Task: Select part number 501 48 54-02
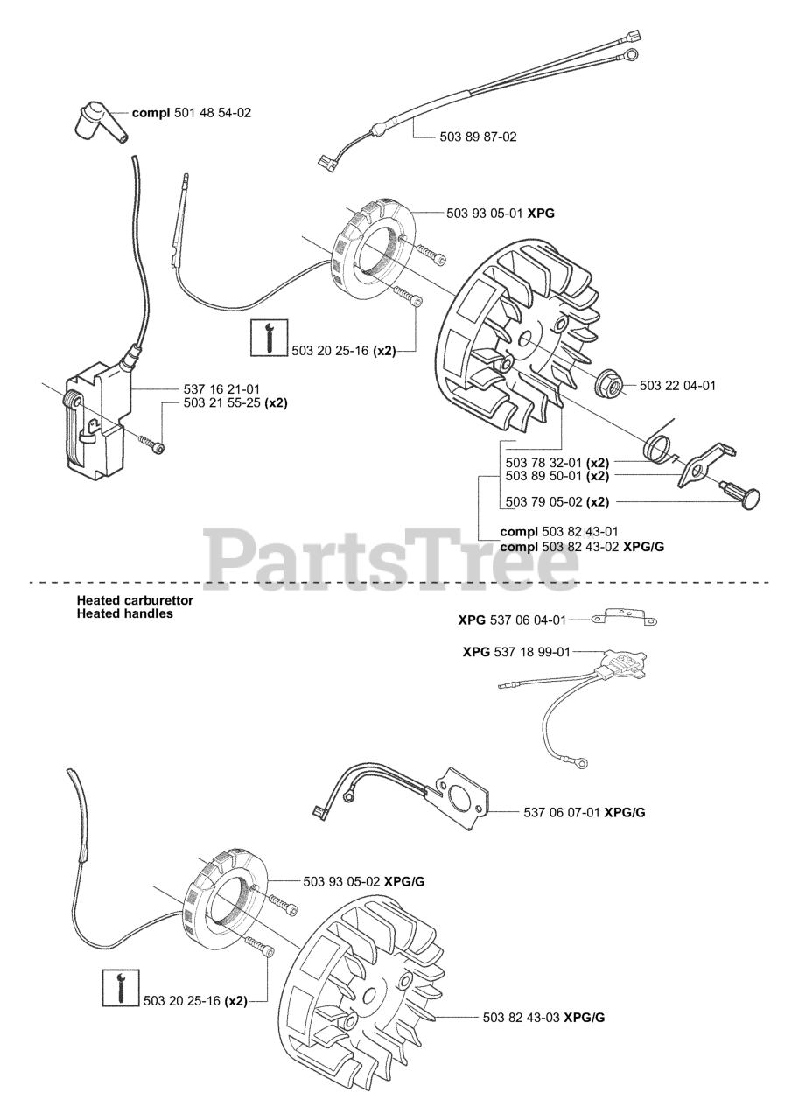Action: [x=191, y=113]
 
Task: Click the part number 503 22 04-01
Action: [x=677, y=385]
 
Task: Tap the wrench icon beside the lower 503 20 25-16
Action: [x=120, y=987]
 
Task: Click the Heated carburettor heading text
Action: [x=135, y=601]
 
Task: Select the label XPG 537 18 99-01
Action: [x=516, y=652]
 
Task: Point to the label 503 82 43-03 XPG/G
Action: [x=543, y=1018]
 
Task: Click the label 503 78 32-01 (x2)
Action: [x=557, y=462]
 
